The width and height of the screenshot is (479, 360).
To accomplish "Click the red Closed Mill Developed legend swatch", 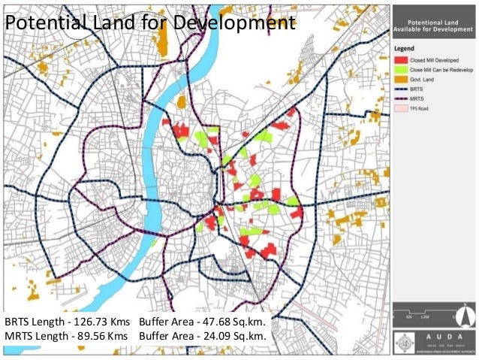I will pos(401,59).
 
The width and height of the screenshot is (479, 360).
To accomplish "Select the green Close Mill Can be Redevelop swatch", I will pos(401,68).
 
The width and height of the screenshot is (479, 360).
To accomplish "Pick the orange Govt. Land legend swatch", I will pos(401,78).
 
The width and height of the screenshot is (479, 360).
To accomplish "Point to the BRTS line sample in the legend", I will pos(401,88).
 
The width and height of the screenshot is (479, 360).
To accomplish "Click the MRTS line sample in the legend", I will pos(401,98).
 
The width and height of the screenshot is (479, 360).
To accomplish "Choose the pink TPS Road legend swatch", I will pos(401,107).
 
